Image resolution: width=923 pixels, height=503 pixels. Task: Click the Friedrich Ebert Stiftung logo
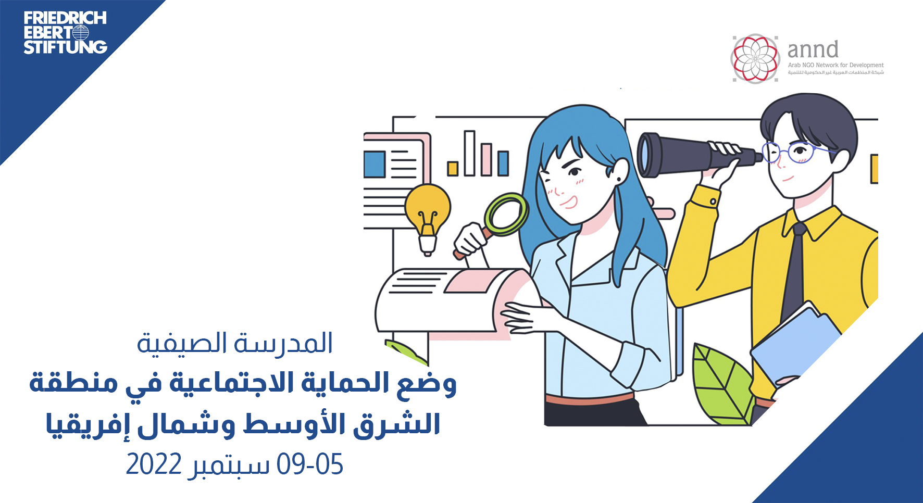65,33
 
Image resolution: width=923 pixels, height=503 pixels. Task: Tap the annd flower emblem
755,58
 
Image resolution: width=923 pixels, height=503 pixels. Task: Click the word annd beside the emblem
813,49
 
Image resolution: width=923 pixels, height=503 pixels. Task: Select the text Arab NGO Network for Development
835,65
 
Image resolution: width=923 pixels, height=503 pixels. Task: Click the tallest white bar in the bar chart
469,153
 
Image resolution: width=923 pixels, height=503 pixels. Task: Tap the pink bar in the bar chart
487,159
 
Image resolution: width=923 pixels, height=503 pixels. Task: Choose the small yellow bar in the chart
453,169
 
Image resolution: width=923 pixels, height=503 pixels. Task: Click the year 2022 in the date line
154,464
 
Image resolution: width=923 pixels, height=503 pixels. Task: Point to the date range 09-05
310,464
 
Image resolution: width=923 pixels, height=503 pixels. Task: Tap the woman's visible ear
620,170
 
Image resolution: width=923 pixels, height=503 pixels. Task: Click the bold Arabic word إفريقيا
84,425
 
